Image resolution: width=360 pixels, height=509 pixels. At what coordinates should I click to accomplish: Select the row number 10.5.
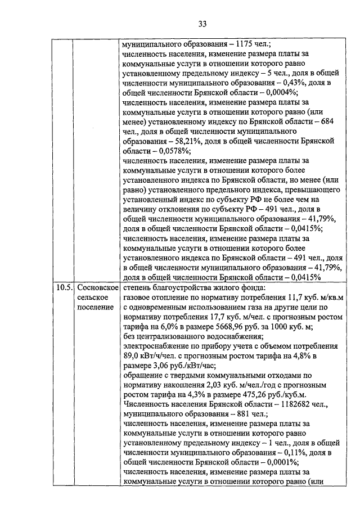click(63, 288)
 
